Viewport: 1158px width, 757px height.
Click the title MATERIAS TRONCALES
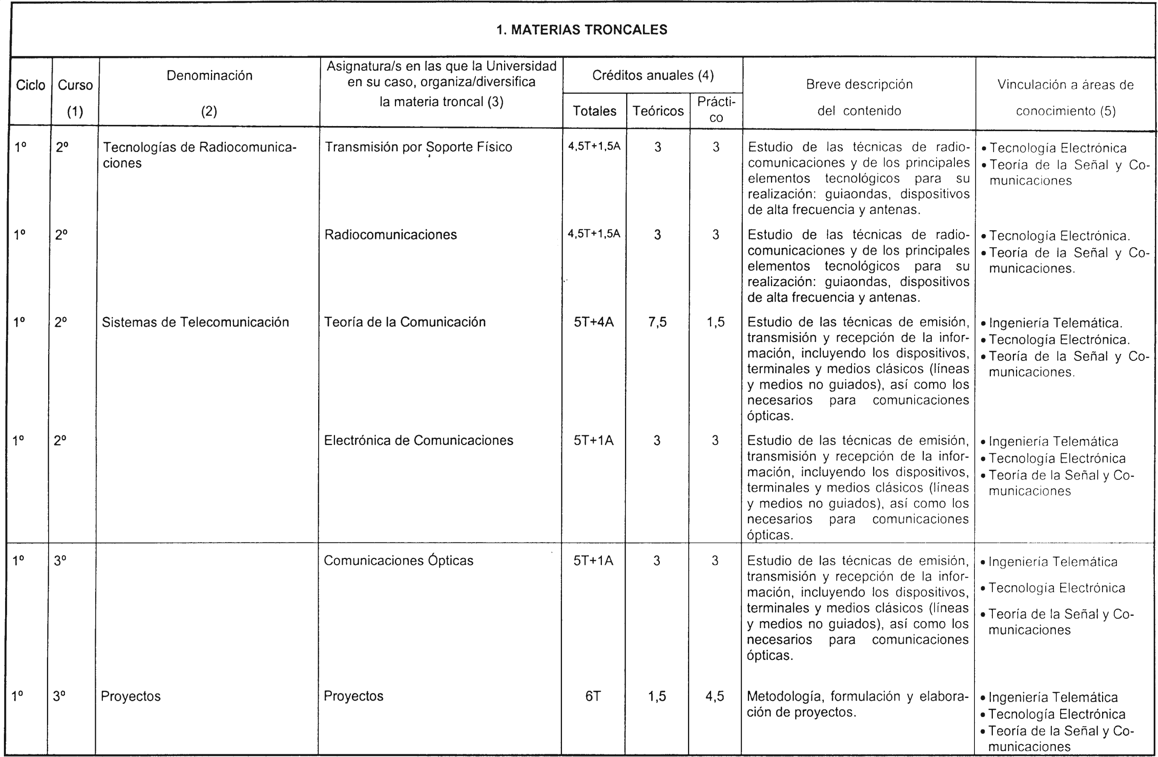[x=582, y=30]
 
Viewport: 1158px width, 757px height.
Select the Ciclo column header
[x=30, y=85]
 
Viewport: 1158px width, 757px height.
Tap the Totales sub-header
[x=594, y=111]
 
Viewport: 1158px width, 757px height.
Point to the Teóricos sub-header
[x=658, y=111]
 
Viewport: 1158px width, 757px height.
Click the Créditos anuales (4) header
[x=652, y=76]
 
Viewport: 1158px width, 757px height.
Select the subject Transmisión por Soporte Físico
[x=418, y=147]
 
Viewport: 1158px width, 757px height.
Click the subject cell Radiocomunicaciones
[x=391, y=234]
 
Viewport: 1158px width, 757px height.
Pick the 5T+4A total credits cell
[x=594, y=322]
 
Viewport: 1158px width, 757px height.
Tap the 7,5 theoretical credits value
[x=657, y=322]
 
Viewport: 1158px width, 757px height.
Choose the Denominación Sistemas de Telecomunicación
[x=196, y=322]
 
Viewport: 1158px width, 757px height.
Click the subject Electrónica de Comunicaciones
[x=418, y=440]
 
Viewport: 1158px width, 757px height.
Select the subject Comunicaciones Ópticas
[x=398, y=561]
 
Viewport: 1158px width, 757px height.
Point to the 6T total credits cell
[x=593, y=696]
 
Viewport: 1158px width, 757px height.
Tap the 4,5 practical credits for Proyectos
[x=715, y=696]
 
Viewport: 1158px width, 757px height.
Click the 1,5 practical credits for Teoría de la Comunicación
[x=715, y=322]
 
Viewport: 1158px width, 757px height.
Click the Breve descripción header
[x=859, y=97]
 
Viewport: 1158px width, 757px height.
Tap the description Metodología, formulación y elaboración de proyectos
[x=857, y=704]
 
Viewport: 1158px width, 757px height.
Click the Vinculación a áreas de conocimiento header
[x=1066, y=97]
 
